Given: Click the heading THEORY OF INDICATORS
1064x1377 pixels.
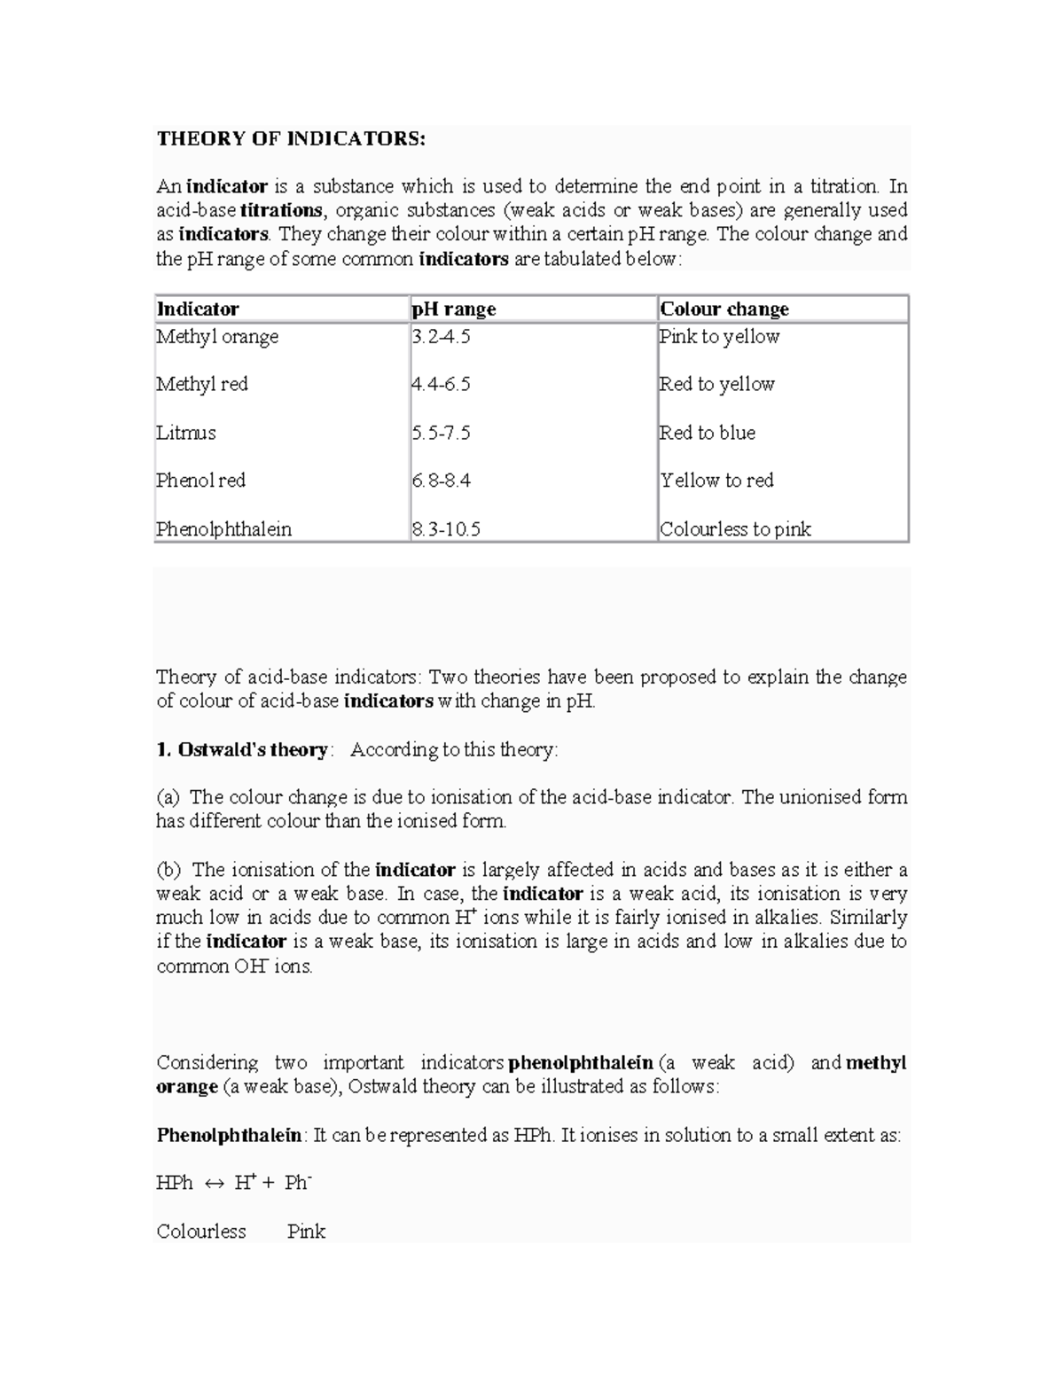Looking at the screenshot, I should pyautogui.click(x=291, y=138).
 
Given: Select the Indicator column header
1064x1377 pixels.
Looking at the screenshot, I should pyautogui.click(x=198, y=309).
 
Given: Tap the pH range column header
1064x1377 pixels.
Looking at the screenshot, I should pyautogui.click(x=453, y=309).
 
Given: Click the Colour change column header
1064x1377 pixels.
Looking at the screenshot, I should pyautogui.click(x=724, y=309).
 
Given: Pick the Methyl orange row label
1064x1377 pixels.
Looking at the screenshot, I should pyautogui.click(x=217, y=337).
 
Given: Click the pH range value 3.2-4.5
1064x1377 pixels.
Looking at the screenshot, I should pyautogui.click(x=441, y=337).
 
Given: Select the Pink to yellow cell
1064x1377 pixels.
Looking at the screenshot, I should pyautogui.click(x=719, y=337).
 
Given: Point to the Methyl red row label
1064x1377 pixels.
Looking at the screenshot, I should pyautogui.click(x=202, y=384).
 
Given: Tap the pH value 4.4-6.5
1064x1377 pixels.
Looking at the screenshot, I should pyautogui.click(x=441, y=384).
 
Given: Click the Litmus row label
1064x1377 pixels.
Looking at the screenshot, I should pyautogui.click(x=186, y=433).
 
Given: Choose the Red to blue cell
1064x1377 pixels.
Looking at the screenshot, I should pyautogui.click(x=707, y=433).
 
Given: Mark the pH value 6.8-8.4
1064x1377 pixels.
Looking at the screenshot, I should pyautogui.click(x=441, y=481).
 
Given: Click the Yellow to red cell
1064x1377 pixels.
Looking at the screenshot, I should pyautogui.click(x=716, y=481).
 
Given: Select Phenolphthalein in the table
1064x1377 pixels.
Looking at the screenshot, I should pyautogui.click(x=223, y=529).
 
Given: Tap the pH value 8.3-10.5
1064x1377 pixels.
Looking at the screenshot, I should pyautogui.click(x=446, y=529).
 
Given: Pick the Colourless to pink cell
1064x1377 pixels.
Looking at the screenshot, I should pyautogui.click(x=735, y=529).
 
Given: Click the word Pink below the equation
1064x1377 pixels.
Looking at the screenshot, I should pyautogui.click(x=306, y=1232).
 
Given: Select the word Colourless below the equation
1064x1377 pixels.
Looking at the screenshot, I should pyautogui.click(x=201, y=1232).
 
